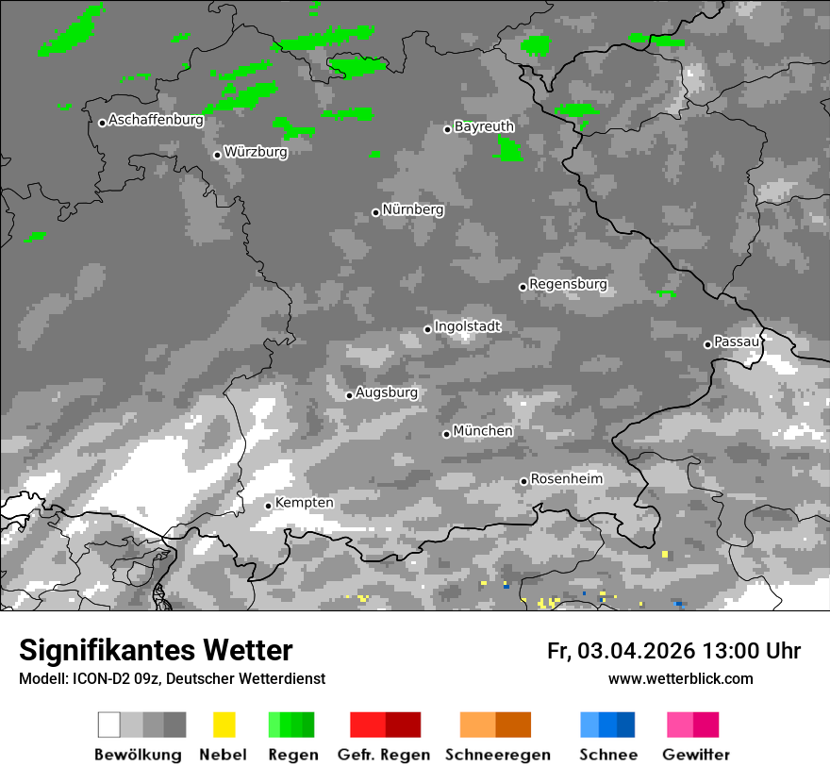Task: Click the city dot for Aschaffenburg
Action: (x=102, y=123)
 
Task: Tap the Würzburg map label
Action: (x=256, y=152)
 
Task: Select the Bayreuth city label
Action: (x=484, y=126)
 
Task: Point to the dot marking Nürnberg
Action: (x=375, y=212)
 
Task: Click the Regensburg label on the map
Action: (x=568, y=284)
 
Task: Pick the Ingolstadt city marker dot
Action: (x=427, y=329)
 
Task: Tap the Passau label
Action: (x=737, y=342)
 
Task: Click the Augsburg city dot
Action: (x=349, y=395)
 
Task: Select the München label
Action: (x=483, y=431)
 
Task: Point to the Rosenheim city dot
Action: (x=523, y=482)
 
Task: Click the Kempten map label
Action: (x=304, y=503)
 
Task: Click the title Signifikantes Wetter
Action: (x=156, y=650)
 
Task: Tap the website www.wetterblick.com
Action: (x=680, y=678)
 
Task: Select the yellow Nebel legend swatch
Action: (x=224, y=725)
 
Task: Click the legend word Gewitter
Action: (x=696, y=755)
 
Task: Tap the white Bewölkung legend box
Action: (x=109, y=725)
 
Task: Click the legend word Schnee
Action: (x=608, y=755)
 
